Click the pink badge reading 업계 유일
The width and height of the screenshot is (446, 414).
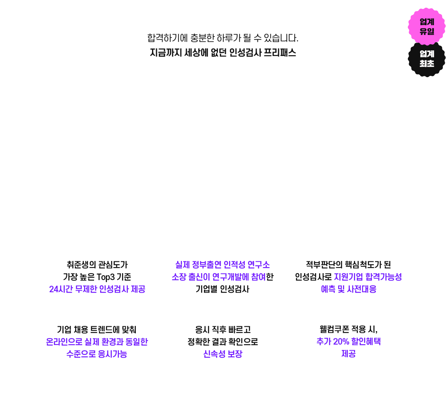coord(427,26)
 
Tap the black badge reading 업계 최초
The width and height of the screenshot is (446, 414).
coord(427,59)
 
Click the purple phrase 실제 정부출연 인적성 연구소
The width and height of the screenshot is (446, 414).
coord(223,265)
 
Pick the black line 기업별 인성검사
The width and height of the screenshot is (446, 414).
coord(223,289)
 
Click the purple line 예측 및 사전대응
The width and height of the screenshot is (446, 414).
coord(348,289)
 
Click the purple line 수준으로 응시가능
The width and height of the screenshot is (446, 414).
coord(97,354)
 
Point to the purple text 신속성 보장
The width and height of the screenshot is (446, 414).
coord(223,354)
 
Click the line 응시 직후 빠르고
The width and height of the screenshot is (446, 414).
coord(223,330)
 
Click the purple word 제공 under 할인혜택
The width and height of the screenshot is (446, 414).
coord(348,354)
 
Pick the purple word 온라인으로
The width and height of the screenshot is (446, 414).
coord(64,342)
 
